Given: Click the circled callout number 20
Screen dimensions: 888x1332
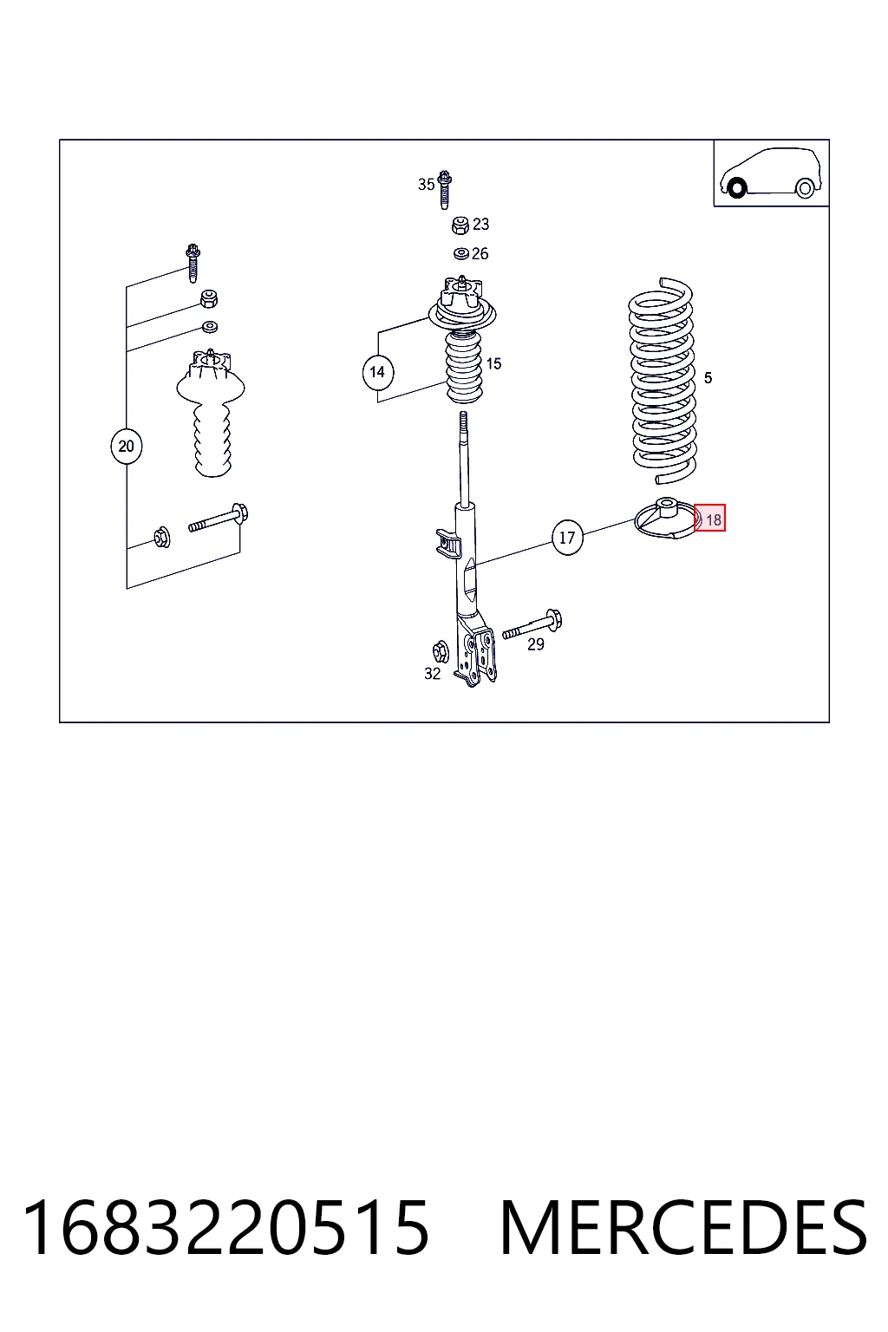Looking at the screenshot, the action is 126,446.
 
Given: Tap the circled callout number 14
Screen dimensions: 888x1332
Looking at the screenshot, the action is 378,372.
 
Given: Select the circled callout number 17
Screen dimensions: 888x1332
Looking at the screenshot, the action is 567,538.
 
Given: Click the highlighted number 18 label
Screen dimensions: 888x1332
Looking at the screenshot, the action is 710,519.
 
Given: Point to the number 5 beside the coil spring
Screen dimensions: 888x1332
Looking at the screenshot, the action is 708,377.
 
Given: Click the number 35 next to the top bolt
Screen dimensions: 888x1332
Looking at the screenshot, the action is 426,185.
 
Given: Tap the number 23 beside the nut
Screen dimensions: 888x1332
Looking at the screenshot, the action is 480,225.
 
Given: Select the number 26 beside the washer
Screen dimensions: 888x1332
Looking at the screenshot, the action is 480,254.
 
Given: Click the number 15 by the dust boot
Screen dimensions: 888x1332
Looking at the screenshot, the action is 493,363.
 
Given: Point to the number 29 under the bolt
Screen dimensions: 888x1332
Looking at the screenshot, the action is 536,644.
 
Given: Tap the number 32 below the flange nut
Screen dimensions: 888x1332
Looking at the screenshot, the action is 433,674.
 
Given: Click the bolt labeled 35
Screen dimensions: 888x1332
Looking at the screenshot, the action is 444,190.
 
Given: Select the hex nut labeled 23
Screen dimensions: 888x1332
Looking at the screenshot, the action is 460,225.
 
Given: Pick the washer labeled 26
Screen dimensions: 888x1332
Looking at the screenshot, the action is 461,254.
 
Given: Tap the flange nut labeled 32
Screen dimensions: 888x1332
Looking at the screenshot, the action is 441,651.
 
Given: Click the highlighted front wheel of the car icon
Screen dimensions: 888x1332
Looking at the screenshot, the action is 737,189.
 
